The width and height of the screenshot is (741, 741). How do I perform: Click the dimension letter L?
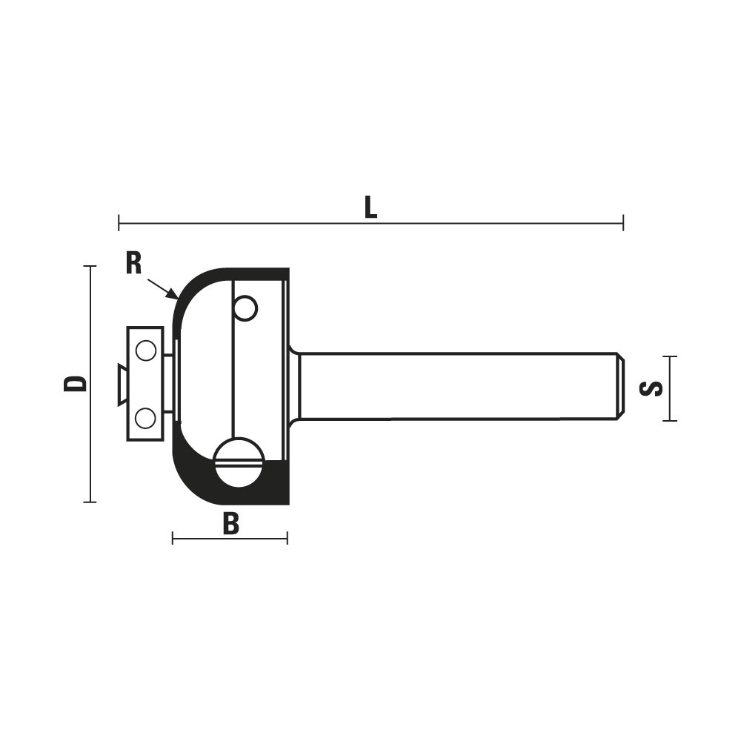click(371, 207)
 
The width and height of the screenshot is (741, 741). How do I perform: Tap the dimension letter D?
click(76, 384)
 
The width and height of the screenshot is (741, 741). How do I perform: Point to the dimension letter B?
click(231, 524)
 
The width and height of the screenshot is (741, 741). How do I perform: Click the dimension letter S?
click(651, 388)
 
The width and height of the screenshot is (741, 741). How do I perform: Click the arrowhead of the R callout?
click(173, 294)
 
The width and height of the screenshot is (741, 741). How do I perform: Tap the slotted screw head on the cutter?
click(239, 462)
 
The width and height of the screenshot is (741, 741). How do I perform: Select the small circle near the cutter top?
click(245, 308)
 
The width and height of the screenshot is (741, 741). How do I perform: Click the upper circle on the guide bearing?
click(145, 350)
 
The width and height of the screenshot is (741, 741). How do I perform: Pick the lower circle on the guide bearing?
click(145, 418)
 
